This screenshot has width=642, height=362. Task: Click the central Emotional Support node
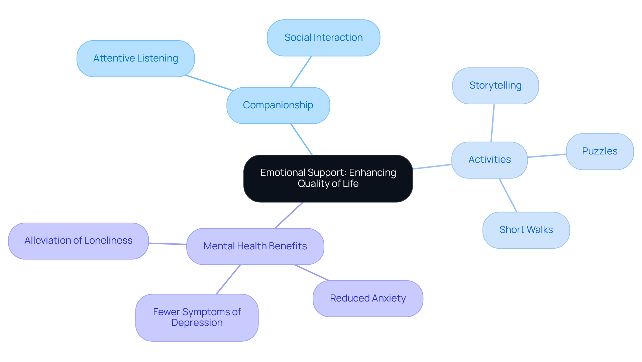click(328, 178)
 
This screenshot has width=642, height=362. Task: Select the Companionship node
click(278, 105)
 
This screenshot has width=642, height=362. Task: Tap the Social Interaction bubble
click(323, 38)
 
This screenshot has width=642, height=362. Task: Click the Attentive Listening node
click(135, 58)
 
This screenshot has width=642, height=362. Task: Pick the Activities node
click(489, 160)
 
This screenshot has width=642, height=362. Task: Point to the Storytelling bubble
click(495, 86)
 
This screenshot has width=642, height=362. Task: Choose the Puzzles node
click(600, 151)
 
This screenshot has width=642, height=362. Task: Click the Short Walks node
click(526, 230)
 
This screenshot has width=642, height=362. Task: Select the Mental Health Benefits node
click(255, 246)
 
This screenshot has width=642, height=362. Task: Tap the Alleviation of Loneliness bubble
click(78, 241)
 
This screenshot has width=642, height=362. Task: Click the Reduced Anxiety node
click(368, 298)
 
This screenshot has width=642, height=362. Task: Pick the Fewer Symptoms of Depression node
click(197, 317)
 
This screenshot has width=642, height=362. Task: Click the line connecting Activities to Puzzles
click(547, 155)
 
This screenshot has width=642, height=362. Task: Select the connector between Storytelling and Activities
click(493, 123)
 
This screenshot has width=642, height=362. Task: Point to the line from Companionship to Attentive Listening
click(209, 83)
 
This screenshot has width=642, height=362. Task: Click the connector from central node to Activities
click(432, 166)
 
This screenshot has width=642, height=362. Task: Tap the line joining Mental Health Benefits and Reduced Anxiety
click(312, 273)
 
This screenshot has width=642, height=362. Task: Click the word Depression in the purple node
click(197, 323)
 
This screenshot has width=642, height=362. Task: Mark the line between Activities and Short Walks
click(508, 195)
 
